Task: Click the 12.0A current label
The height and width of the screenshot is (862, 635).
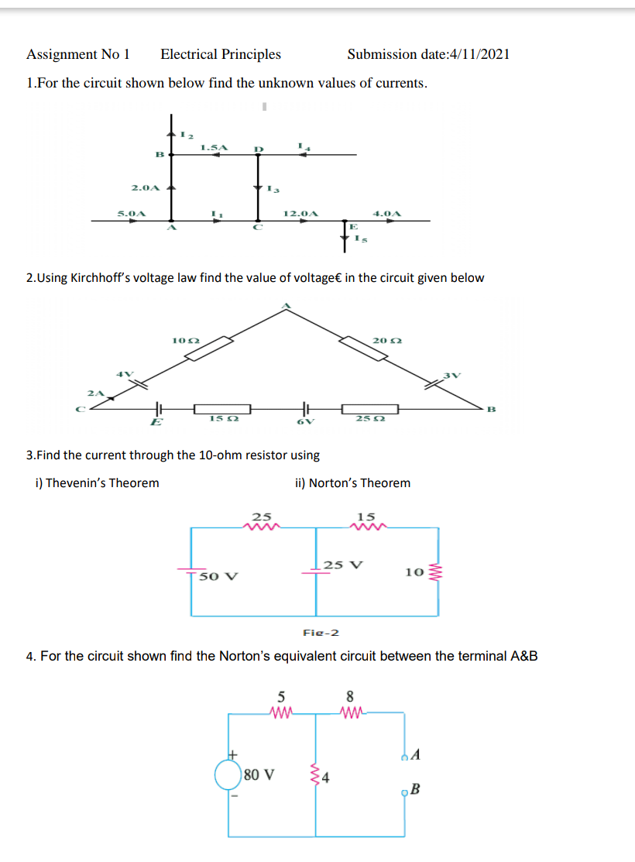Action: pyautogui.click(x=300, y=212)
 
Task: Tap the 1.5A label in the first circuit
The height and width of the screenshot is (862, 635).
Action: pyautogui.click(x=214, y=146)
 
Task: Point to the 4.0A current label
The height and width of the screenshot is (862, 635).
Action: pyautogui.click(x=386, y=212)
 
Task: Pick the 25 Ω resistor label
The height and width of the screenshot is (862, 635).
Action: pyautogui.click(x=367, y=419)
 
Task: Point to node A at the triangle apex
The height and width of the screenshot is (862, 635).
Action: pyautogui.click(x=286, y=307)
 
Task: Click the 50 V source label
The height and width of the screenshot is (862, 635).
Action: pyautogui.click(x=218, y=577)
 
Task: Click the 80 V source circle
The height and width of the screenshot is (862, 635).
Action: pyautogui.click(x=229, y=773)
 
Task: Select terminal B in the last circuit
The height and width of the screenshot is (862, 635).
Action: pyautogui.click(x=415, y=789)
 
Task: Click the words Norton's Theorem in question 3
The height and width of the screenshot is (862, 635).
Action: pyautogui.click(x=359, y=483)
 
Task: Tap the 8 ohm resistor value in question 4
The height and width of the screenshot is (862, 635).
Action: pyautogui.click(x=350, y=695)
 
